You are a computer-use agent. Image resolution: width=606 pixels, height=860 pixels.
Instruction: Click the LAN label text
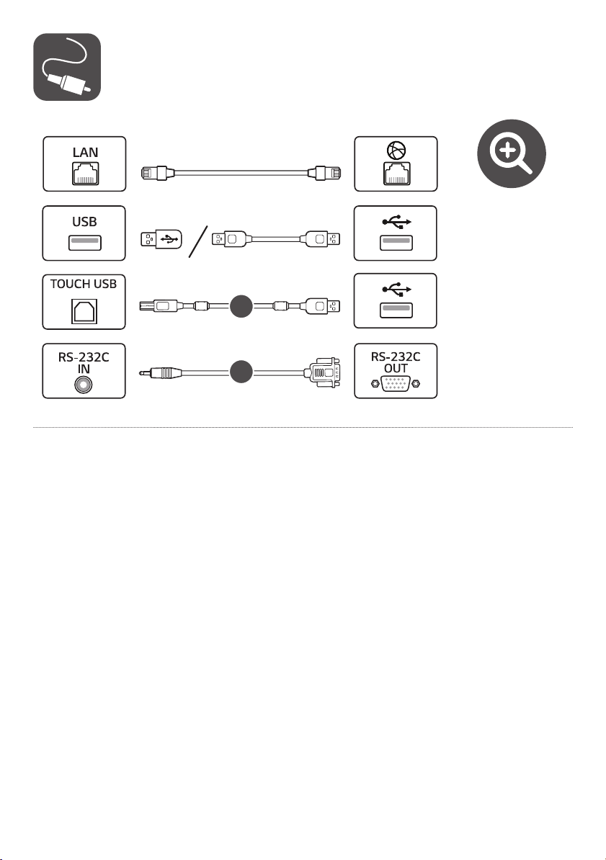(85, 152)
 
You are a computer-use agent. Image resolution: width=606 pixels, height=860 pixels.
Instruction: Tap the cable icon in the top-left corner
(67, 67)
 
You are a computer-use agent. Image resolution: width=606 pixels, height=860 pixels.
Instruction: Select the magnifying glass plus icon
(511, 153)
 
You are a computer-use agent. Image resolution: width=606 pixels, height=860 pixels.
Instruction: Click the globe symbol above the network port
(395, 151)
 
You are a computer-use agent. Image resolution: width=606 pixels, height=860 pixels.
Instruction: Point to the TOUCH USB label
(84, 284)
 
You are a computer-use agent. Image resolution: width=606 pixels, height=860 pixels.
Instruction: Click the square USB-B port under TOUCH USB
(84, 311)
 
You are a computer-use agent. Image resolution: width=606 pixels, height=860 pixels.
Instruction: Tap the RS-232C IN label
(84, 362)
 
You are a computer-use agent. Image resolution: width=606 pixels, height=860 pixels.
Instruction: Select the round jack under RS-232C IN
(84, 385)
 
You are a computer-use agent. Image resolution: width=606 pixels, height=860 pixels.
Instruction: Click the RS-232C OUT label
(395, 362)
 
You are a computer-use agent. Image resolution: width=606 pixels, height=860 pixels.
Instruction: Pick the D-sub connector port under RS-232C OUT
(395, 385)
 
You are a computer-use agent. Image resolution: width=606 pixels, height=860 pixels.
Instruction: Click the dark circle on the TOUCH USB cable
(241, 306)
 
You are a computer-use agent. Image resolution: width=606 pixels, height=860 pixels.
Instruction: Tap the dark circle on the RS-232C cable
(241, 372)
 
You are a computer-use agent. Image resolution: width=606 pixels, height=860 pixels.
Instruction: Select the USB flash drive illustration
(161, 239)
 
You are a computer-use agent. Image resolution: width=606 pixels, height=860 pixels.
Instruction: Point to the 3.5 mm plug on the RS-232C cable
(160, 372)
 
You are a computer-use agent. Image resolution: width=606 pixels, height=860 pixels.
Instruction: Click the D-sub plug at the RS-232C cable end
(322, 372)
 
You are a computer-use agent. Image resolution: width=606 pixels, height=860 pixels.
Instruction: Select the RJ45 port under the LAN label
(85, 173)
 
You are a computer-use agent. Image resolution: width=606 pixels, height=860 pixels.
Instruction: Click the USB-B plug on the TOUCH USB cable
(159, 305)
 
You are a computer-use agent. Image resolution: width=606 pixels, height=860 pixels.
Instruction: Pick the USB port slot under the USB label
(84, 242)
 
